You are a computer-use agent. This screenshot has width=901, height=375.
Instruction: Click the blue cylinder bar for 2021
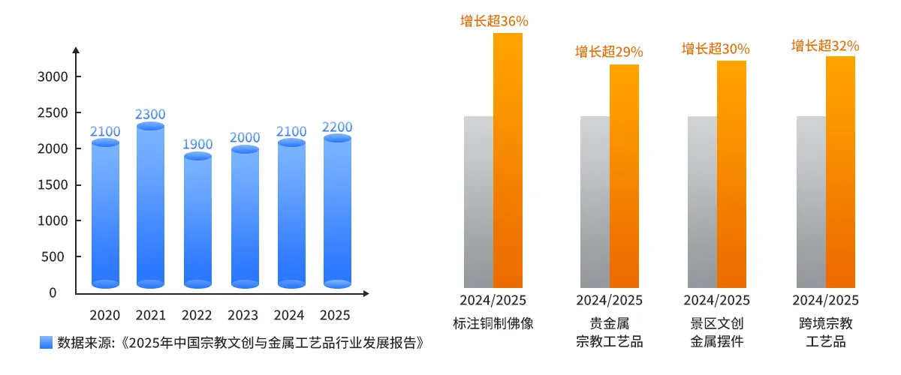point(150,206)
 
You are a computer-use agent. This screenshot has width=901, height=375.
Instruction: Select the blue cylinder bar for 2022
point(198,221)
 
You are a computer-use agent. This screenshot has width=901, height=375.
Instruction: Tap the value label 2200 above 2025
point(337,127)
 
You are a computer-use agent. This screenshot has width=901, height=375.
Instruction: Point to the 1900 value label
point(198,144)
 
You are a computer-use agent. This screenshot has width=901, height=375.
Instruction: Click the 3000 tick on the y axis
point(53,76)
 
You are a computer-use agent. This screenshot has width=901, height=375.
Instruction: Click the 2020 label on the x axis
point(104,315)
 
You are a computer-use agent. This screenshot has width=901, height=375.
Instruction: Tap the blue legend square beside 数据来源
point(46,343)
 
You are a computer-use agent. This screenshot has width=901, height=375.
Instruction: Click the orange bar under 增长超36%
point(508,161)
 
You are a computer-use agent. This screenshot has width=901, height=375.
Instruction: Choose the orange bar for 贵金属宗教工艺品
point(624,176)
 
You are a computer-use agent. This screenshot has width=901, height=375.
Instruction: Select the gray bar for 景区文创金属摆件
point(702,202)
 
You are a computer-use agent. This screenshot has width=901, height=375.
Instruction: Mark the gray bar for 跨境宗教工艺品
point(811,202)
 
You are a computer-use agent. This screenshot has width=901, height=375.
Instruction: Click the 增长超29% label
point(609,52)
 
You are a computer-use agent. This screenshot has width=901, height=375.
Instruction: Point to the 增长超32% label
point(825,46)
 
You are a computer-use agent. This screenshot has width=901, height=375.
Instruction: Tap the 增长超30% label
point(716,49)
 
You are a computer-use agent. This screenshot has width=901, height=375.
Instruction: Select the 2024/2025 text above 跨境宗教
point(825,301)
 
